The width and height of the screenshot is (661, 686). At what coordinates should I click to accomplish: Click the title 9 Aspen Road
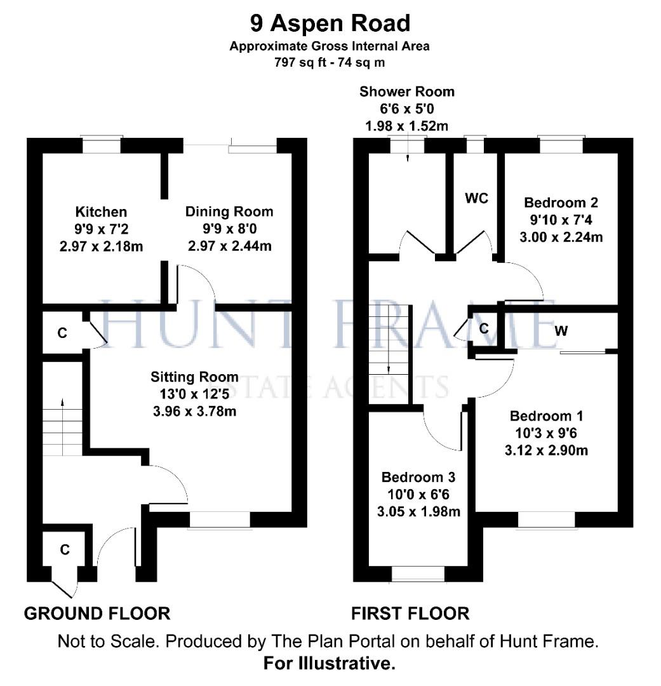coord(330,24)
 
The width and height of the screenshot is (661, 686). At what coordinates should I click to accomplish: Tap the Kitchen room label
coord(101,212)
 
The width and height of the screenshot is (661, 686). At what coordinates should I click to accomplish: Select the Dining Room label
coord(229,212)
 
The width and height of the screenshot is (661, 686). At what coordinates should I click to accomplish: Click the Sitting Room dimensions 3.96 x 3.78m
coord(194,411)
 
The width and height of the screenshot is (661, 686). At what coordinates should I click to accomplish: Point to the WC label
coord(476,198)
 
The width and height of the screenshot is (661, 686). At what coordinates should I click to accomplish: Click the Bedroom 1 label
coord(546,416)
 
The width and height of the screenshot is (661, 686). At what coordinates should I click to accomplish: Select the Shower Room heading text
coord(406,91)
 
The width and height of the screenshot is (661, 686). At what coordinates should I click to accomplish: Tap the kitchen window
coord(102,145)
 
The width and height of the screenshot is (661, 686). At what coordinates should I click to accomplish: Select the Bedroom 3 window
coord(418,574)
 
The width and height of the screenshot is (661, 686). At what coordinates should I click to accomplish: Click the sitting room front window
coord(220,520)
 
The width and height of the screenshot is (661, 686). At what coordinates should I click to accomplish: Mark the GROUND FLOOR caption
coord(97,613)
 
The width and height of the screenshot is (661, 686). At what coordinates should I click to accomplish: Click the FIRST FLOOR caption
coord(410,613)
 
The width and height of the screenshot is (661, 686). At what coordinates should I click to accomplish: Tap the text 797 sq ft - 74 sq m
coord(330,62)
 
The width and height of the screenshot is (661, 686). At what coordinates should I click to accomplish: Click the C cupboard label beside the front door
coord(64,550)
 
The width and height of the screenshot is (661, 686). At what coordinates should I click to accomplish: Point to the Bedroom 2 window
coord(560,145)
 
